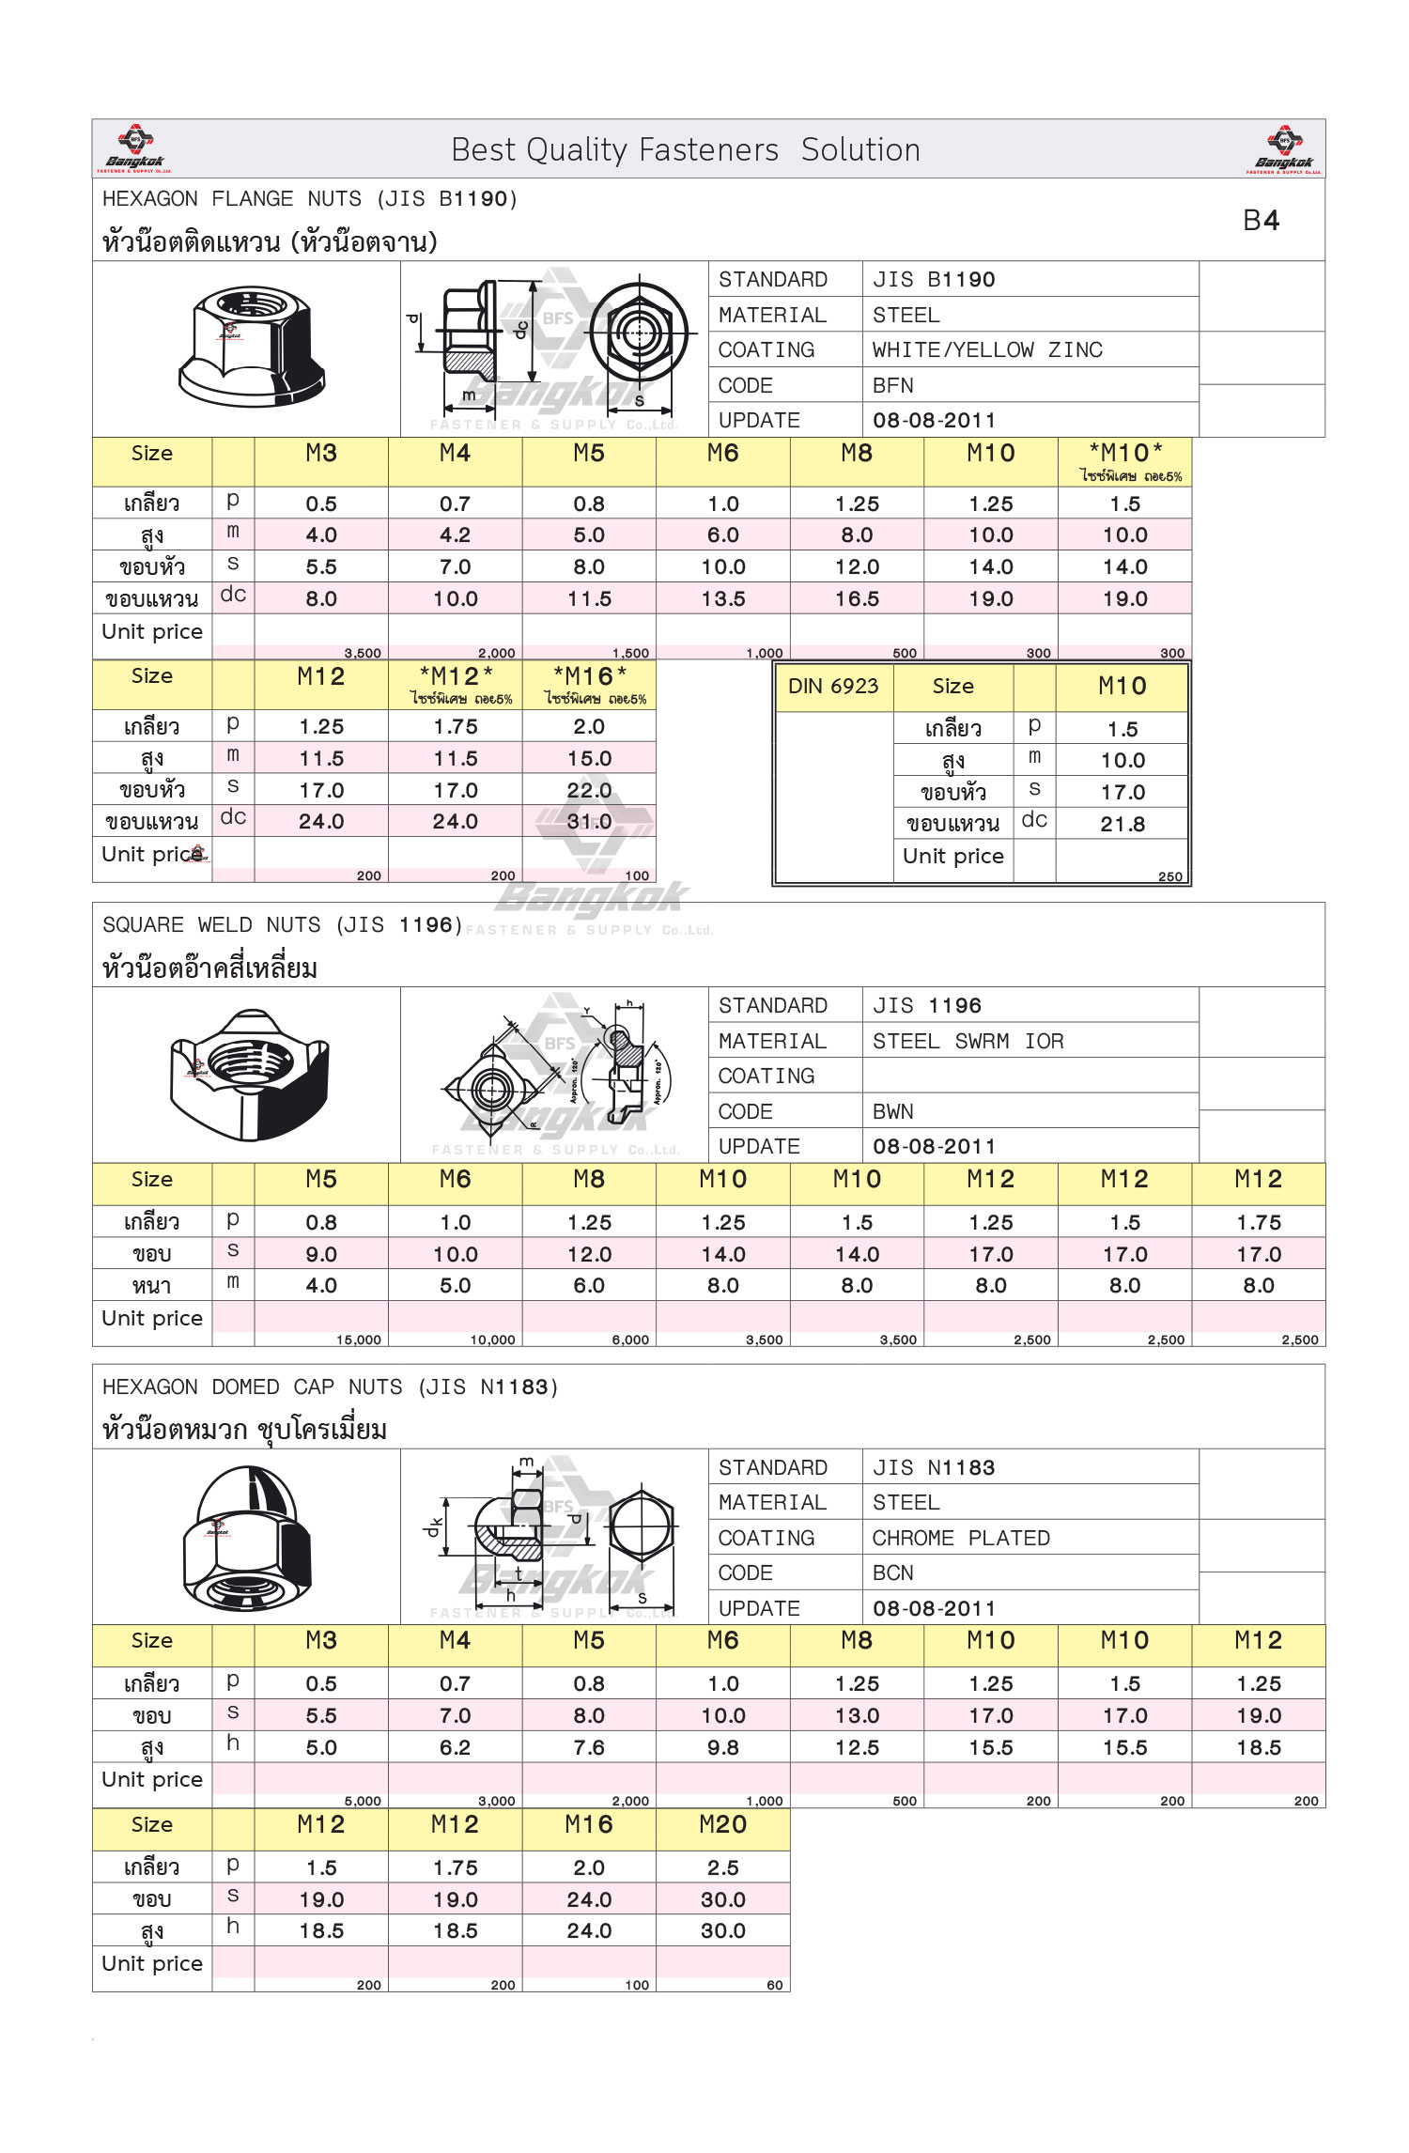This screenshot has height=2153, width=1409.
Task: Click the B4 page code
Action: (1261, 221)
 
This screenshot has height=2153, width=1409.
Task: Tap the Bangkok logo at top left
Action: (135, 148)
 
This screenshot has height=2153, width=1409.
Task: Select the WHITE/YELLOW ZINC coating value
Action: (986, 350)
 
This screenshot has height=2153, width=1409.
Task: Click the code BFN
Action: (892, 386)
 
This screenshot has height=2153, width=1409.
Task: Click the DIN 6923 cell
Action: (833, 687)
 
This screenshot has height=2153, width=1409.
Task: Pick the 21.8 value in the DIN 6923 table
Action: (1123, 825)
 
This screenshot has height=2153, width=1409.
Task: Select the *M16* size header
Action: (590, 677)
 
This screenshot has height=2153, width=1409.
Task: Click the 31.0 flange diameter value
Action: (589, 822)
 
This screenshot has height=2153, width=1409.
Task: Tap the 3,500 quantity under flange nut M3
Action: (363, 653)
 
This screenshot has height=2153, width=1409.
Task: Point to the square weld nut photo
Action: (249, 1075)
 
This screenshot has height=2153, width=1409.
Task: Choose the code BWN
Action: (892, 1112)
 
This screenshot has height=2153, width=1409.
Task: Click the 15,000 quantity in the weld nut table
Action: (359, 1340)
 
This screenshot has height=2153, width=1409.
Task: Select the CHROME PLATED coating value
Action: (960, 1539)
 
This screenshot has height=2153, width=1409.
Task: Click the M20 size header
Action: (722, 1825)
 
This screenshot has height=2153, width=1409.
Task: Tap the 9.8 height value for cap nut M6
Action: (723, 1748)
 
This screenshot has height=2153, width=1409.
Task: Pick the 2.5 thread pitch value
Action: (723, 1868)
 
